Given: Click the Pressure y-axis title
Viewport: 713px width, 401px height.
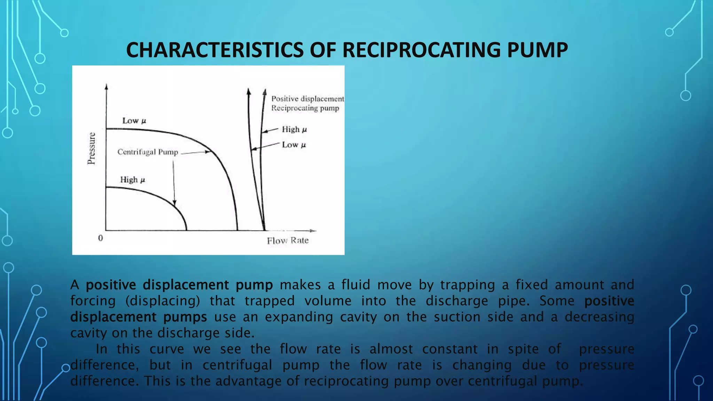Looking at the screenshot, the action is tap(91, 148).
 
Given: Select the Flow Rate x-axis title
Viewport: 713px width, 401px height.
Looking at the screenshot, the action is tap(288, 241).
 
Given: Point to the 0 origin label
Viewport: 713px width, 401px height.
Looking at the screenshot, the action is tap(101, 238).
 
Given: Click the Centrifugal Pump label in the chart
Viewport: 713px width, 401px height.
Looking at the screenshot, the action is tap(148, 152).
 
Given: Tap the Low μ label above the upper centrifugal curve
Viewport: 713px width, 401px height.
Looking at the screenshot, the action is tap(134, 121).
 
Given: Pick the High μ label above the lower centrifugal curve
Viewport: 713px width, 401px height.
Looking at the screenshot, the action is tap(132, 180).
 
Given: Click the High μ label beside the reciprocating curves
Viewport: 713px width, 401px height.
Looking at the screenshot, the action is tap(294, 129).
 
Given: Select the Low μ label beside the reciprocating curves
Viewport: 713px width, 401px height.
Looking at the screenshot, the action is tap(294, 145).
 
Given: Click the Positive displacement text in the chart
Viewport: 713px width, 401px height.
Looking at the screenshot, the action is tap(307, 99).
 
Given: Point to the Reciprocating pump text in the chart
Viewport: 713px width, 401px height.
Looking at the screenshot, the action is tap(305, 108).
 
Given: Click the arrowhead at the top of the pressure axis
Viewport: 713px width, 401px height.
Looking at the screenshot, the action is tap(106, 86).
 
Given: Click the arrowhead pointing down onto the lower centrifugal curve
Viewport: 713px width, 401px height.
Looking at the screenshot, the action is tap(174, 203).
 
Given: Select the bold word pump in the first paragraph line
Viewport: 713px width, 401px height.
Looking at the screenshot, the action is tap(254, 285).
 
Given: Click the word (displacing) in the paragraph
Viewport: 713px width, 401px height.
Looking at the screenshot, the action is tap(163, 301).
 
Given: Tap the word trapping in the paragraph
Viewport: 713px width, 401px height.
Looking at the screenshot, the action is tap(467, 285).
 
